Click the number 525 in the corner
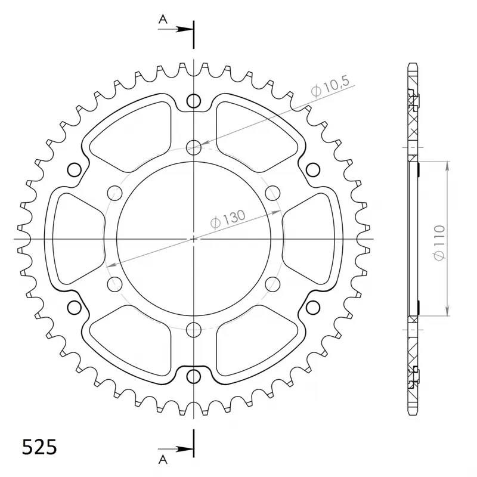40,447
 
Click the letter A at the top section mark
162,19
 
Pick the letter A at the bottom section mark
162,458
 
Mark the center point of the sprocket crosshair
194,239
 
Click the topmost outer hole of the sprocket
194,101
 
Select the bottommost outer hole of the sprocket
194,377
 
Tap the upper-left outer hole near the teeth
75,170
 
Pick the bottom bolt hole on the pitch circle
194,329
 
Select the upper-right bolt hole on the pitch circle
272,193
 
